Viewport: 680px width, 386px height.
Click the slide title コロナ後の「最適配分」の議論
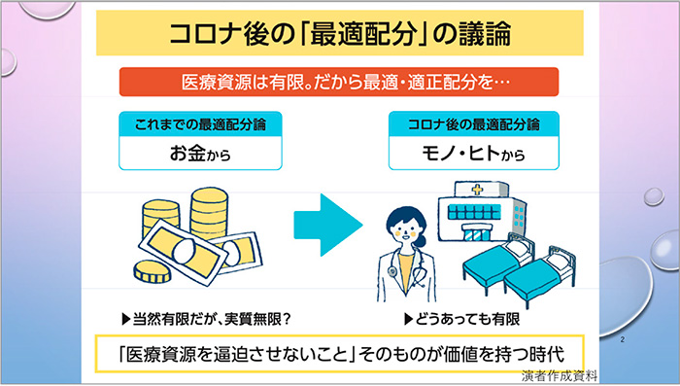pos(340,34)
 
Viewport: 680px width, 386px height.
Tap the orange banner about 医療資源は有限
pos(339,82)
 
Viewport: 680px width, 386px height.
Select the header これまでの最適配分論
pos(200,124)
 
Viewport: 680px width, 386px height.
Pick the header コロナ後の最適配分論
pos(474,124)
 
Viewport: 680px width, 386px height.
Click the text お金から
pos(200,154)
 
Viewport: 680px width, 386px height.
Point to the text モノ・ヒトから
pos(474,154)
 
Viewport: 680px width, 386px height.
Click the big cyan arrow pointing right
pos(328,225)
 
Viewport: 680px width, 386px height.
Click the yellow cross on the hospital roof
pos(478,190)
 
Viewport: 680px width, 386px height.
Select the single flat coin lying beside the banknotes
pos(152,272)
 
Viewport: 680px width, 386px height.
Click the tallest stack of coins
pos(209,213)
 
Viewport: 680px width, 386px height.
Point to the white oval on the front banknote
pos(185,251)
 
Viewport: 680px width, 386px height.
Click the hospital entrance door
pos(476,235)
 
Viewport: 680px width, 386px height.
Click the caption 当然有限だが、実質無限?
pos(206,320)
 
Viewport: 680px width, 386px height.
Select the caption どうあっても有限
pos(461,320)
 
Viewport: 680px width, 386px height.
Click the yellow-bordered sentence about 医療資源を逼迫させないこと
pos(340,354)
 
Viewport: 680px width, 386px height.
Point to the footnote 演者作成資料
pos(560,375)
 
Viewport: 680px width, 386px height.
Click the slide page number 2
pos(623,339)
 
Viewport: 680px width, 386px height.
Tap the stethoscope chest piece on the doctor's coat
pos(392,272)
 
